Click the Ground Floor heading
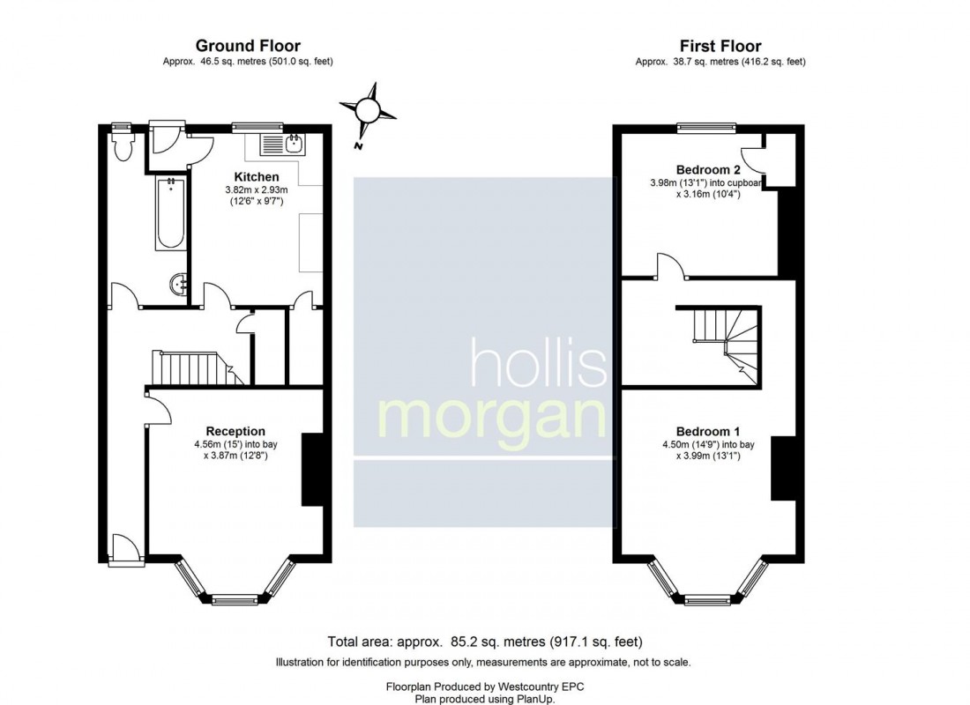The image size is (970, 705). coord(248,46)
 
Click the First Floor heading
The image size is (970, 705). coord(720,46)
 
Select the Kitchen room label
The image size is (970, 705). coord(256,177)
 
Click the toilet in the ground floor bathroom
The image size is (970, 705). coord(123,146)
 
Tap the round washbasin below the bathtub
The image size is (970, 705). coord(178,284)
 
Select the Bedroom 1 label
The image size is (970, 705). coord(707,431)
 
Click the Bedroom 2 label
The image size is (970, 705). coord(707,169)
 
